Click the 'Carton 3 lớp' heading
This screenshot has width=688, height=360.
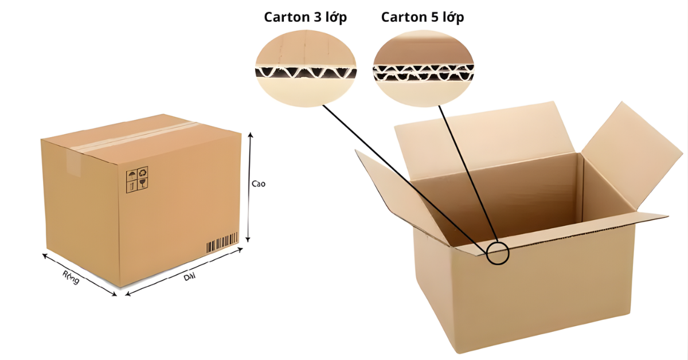(306, 17)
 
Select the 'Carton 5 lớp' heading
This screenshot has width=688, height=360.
(423, 17)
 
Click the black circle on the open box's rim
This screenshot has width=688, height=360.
(498, 253)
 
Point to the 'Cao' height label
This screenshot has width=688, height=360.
(259, 184)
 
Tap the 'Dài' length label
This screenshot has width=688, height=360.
(189, 277)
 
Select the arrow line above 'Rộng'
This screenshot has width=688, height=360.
(79, 273)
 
